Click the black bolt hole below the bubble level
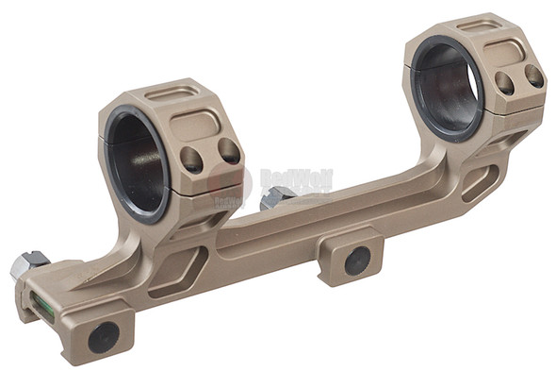102,335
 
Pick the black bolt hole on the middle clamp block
357,261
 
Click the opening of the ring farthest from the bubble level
447,86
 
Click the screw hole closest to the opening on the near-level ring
192,158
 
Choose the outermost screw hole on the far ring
533,76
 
